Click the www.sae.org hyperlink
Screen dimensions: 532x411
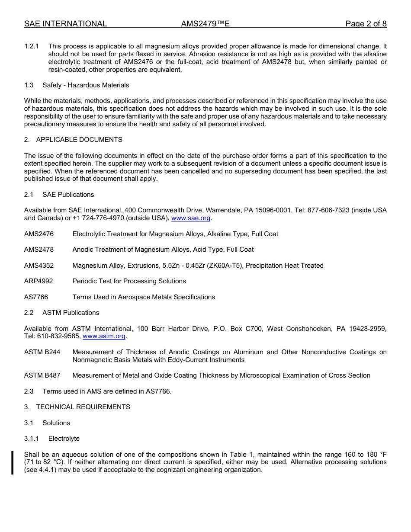point(191,218)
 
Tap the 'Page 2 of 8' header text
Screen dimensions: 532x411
point(366,24)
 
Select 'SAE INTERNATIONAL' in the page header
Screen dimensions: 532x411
point(65,24)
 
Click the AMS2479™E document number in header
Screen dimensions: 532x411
point(205,24)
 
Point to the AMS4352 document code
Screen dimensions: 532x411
point(39,266)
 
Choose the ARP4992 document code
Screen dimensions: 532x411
point(39,281)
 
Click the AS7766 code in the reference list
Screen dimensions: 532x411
point(36,297)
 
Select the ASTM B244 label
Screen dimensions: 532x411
point(42,352)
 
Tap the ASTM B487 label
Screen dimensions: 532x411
point(42,375)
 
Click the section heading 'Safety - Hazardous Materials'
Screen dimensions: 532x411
point(86,85)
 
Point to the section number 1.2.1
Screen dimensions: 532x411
point(32,46)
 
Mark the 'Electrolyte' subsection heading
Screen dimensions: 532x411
point(64,439)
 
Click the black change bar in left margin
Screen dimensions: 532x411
point(13,462)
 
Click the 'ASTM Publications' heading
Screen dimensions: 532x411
point(71,313)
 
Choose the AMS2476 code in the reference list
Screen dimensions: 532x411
point(39,234)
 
